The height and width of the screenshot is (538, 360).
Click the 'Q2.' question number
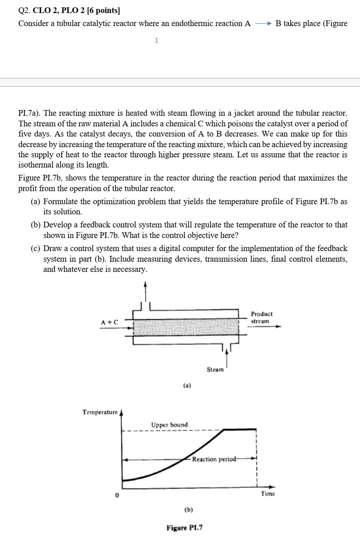point(24,10)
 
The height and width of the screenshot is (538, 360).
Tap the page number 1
point(156,40)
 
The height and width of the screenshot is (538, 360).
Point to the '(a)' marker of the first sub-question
point(36,201)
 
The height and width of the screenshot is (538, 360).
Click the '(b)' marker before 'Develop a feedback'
point(36,225)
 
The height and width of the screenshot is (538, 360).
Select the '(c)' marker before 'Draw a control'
point(36,249)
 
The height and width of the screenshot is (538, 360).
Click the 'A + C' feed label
point(110,322)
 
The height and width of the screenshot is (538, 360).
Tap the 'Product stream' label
point(261,318)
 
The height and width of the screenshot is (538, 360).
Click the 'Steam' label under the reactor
point(215,370)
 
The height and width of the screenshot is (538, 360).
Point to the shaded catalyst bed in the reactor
point(186,327)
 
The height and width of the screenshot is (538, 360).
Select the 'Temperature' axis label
point(100,412)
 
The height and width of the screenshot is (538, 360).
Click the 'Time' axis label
point(268,494)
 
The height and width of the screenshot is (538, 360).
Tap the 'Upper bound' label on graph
point(169,425)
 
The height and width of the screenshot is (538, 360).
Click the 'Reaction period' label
point(214,459)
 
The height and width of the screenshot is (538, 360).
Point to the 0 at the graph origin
point(117,495)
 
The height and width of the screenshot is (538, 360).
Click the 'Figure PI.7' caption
point(184,528)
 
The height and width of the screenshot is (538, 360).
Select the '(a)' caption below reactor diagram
point(187,385)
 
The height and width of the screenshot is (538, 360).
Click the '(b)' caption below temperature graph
point(189,509)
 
